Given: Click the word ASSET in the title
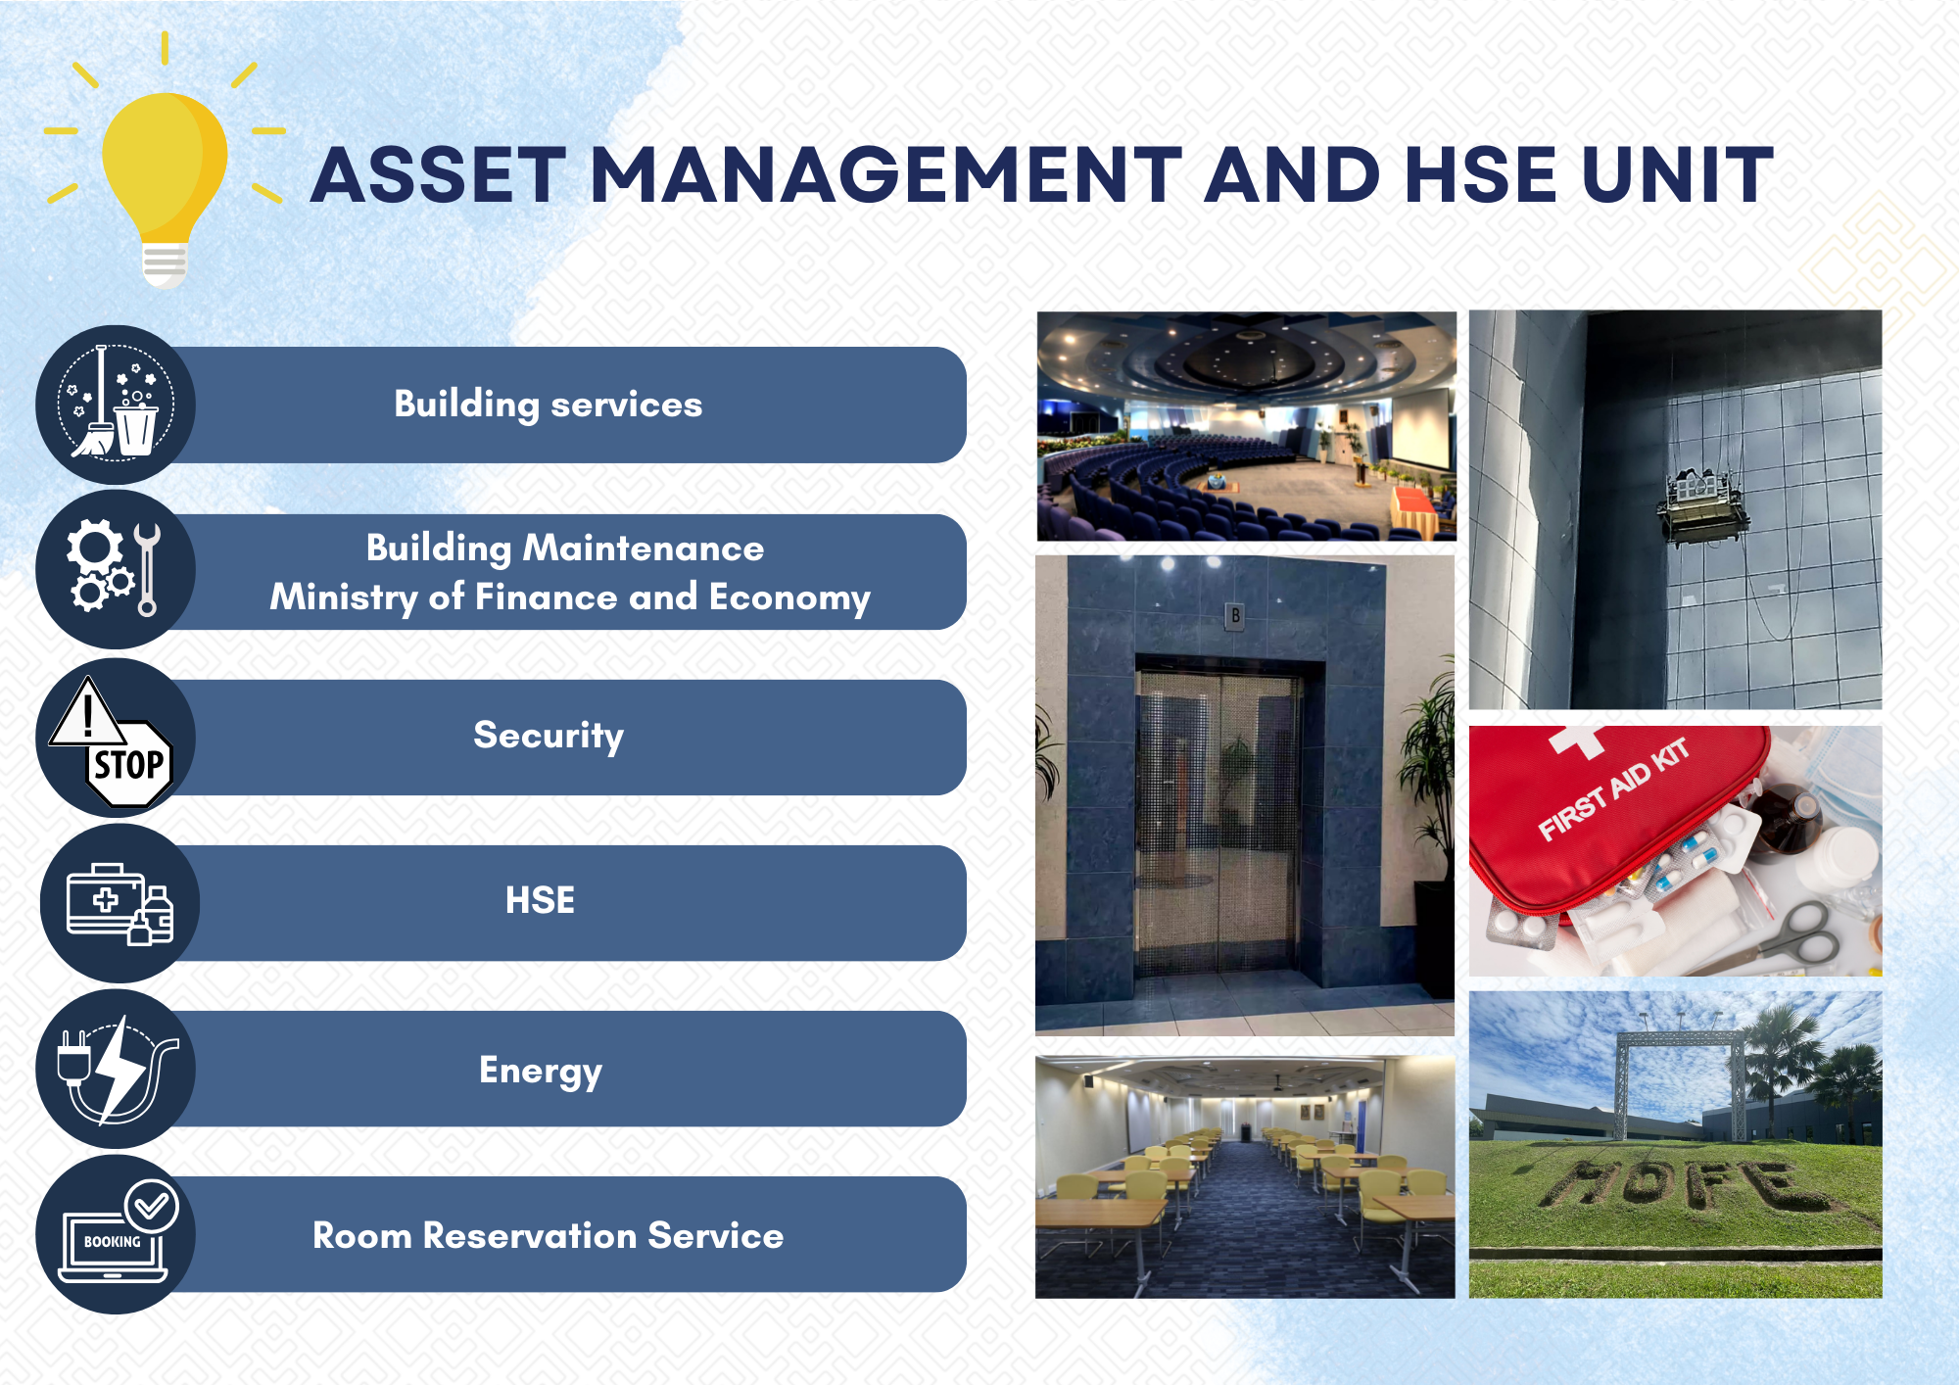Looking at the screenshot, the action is point(440,176).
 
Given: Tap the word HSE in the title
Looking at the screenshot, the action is point(1480,176).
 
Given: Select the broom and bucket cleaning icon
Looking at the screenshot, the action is point(116,404).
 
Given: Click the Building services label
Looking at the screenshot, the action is point(549,405).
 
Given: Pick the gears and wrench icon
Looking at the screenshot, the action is point(114,568).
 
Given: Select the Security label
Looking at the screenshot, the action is point(549,736).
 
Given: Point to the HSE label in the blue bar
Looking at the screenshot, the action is point(540,900).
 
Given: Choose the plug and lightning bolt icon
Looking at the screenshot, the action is point(117,1069).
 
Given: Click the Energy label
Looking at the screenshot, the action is point(541,1071).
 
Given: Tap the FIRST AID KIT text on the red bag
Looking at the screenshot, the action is point(1614,788).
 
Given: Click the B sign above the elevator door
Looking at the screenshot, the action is point(1235,616).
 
